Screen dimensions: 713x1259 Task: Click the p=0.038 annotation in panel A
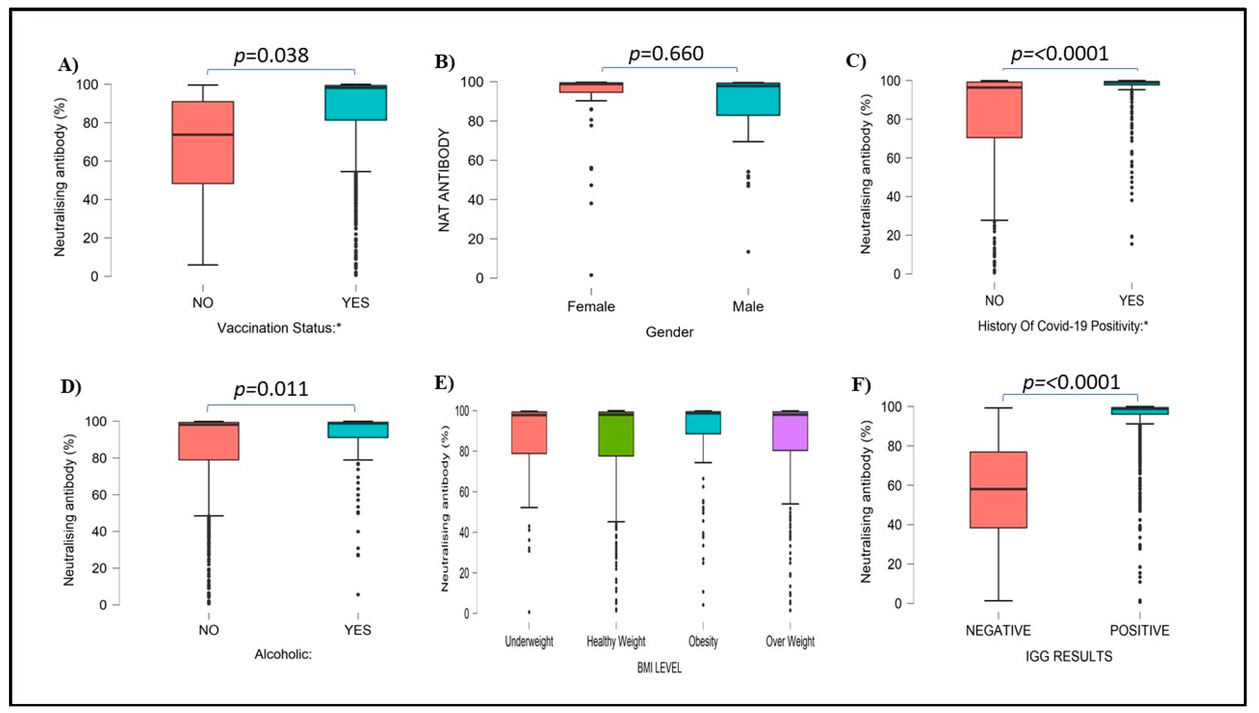tap(271, 56)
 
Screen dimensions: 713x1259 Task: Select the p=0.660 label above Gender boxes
tap(666, 54)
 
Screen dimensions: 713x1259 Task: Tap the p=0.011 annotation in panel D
tap(271, 389)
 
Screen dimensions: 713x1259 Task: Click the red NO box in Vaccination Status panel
tap(203, 142)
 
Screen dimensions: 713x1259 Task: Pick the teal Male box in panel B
tap(748, 99)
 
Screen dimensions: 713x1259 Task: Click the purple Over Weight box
tap(790, 431)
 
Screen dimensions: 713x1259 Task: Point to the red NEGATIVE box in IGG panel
tap(998, 490)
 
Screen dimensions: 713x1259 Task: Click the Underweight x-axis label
tap(529, 641)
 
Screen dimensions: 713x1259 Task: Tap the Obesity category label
tap(703, 641)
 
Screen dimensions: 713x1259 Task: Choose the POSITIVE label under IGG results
tap(1140, 630)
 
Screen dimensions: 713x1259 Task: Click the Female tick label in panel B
tap(591, 307)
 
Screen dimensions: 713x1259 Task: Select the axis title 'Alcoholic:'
tap(283, 654)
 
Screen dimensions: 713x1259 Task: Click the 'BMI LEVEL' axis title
tap(659, 668)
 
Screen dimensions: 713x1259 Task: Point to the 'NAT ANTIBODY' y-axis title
tap(444, 180)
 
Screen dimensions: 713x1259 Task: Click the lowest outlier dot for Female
tap(591, 275)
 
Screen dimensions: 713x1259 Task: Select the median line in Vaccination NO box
tap(203, 134)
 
